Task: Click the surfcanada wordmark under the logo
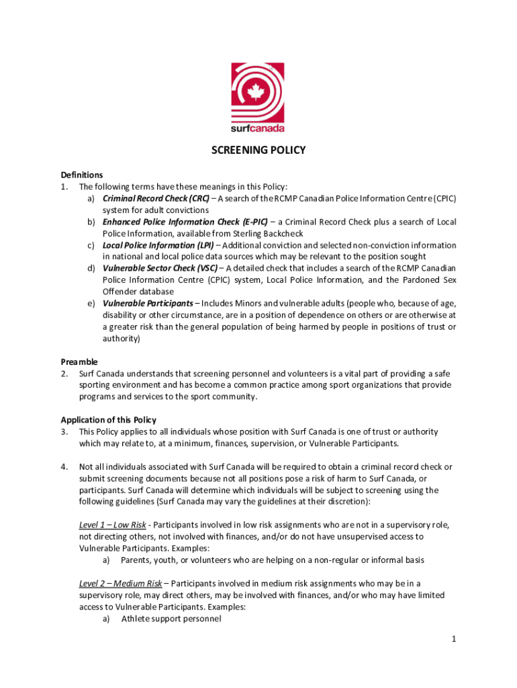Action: [x=258, y=128]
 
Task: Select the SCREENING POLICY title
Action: [x=258, y=150]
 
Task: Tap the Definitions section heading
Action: [x=82, y=175]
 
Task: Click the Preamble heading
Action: [x=79, y=361]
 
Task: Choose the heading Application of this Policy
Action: [x=108, y=420]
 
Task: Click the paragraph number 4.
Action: [x=64, y=466]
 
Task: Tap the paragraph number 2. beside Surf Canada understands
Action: [x=64, y=374]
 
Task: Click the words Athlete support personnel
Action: [x=171, y=618]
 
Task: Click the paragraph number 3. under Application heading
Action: [x=64, y=431]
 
